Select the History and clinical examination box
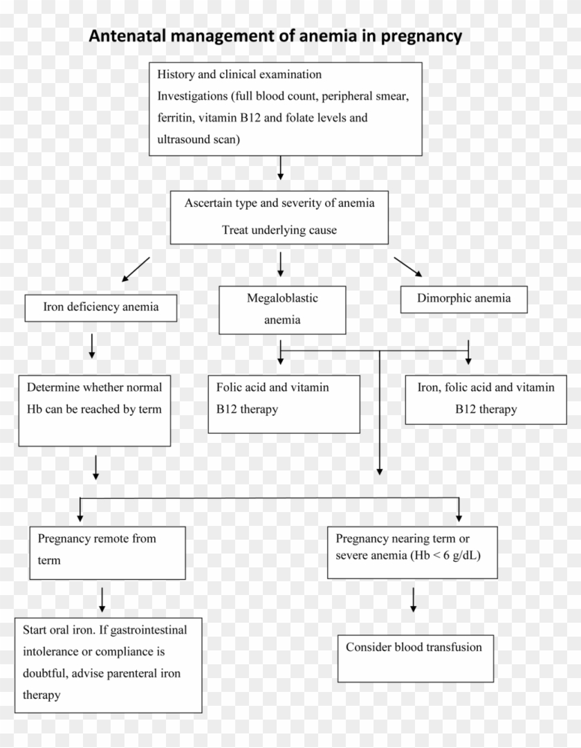click(286, 108)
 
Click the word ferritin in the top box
click(176, 118)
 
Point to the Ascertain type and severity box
click(279, 217)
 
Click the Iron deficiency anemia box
click(101, 307)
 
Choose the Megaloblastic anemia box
click(282, 309)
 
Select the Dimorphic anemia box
click(464, 299)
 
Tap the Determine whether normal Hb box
click(95, 410)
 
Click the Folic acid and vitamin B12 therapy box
click(284, 404)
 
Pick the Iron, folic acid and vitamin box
click(486, 399)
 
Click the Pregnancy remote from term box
click(108, 552)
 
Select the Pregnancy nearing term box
click(412, 551)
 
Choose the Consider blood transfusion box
click(415, 658)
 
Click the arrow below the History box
click(280, 168)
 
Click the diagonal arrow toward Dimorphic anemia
click(408, 267)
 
